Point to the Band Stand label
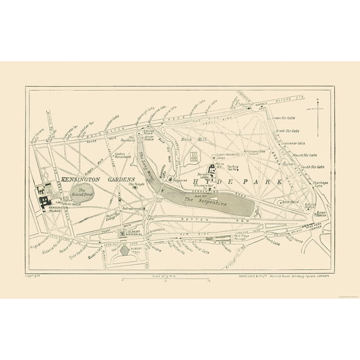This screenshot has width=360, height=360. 289,202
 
